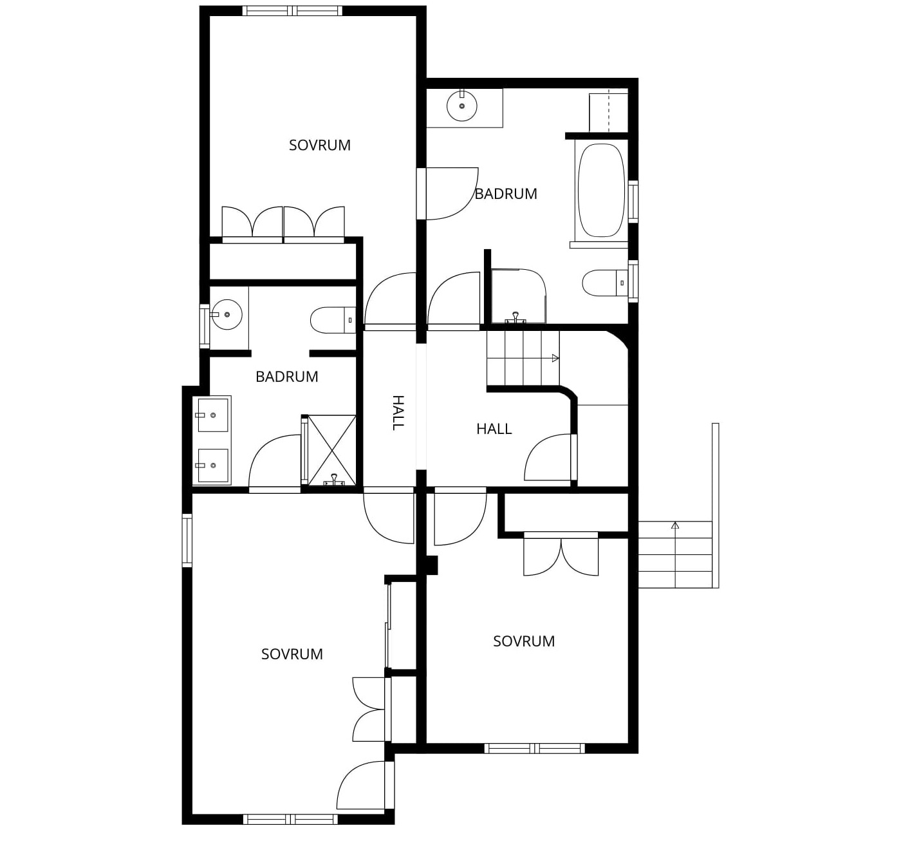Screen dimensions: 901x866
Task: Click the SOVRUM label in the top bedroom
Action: [x=319, y=146]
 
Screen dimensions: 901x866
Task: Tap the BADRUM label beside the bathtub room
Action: [x=506, y=194]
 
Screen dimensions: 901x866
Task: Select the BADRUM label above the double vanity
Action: [x=286, y=377]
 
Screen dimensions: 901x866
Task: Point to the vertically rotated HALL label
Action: [x=398, y=413]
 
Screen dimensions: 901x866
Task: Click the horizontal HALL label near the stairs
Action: [x=494, y=429]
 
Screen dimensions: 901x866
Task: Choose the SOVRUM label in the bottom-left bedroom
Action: [x=292, y=654]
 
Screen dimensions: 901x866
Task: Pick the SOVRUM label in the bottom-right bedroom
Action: [x=524, y=641]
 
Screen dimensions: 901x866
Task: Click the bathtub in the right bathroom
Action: [x=601, y=191]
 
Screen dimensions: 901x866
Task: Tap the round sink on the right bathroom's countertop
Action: [x=461, y=106]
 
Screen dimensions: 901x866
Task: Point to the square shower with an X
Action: [x=331, y=450]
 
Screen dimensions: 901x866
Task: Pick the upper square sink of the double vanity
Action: [x=212, y=415]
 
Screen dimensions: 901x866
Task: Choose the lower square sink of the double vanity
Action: [x=212, y=466]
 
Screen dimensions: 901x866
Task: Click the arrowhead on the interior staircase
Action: [x=555, y=358]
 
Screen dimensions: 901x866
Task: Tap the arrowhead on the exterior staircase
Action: [x=675, y=525]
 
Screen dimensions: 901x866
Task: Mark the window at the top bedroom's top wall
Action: [x=292, y=11]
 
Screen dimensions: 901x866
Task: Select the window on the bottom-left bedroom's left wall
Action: [x=187, y=540]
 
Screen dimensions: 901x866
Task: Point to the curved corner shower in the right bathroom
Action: [x=519, y=296]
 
